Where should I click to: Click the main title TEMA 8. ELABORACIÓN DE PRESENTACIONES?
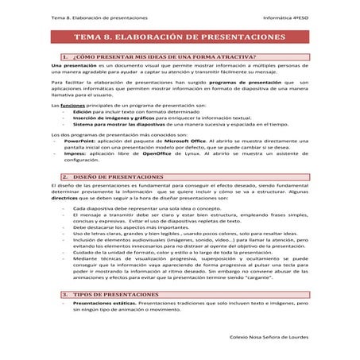[180, 37]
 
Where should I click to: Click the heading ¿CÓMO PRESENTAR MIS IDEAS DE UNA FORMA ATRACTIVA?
[164, 57]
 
